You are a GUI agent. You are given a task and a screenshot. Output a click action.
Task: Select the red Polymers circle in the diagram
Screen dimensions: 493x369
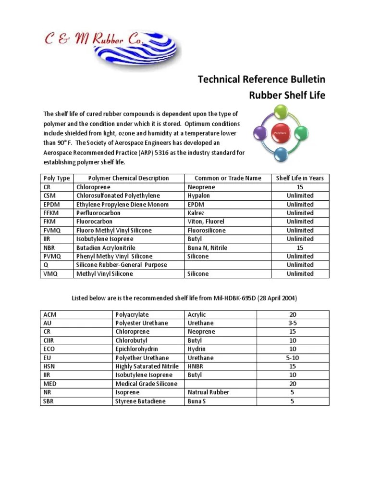click(x=280, y=131)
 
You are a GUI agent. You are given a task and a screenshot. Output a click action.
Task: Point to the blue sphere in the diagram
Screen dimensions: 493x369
click(x=281, y=154)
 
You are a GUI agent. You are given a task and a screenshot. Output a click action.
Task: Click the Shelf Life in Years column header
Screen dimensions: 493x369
click(x=300, y=178)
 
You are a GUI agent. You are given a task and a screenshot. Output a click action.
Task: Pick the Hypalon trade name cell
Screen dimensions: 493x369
click(x=199, y=196)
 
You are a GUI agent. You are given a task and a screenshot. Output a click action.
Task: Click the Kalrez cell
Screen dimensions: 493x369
click(x=197, y=213)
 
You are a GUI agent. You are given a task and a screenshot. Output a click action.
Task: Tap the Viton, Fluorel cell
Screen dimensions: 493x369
click(x=206, y=222)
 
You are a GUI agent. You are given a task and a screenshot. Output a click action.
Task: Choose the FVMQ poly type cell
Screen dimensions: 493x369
click(x=52, y=231)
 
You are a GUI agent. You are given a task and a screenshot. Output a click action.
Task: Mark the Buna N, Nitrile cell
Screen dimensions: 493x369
click(x=207, y=248)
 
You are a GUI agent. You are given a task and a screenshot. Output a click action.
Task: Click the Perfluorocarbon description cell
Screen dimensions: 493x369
click(x=98, y=213)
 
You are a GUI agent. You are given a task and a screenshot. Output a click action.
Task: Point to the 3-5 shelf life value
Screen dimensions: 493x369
click(x=293, y=323)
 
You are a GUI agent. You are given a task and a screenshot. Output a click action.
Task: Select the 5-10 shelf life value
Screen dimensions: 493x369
click(x=293, y=358)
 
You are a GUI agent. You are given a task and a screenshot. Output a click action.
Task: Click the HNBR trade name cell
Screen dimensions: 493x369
click(x=196, y=366)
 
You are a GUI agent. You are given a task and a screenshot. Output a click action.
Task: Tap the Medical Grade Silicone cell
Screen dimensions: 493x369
click(x=146, y=384)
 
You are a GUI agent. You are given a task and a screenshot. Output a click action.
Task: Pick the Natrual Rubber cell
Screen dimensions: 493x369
click(x=208, y=392)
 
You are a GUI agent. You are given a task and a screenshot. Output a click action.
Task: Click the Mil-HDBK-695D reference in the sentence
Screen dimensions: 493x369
click(x=230, y=298)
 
